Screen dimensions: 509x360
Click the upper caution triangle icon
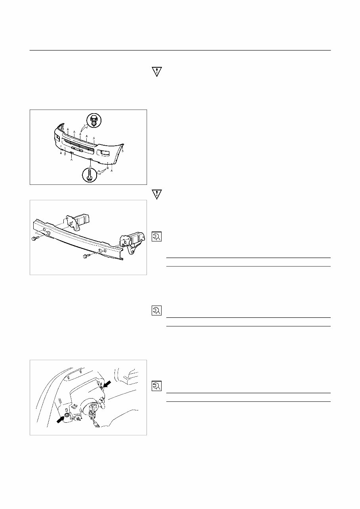point(157,72)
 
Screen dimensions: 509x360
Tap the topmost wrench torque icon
point(156,237)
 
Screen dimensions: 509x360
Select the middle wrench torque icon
point(156,311)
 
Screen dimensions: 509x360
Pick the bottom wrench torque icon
point(156,386)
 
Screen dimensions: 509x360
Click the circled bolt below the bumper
point(90,175)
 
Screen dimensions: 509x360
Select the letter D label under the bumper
point(65,154)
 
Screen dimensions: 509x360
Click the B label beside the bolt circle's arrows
point(108,167)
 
